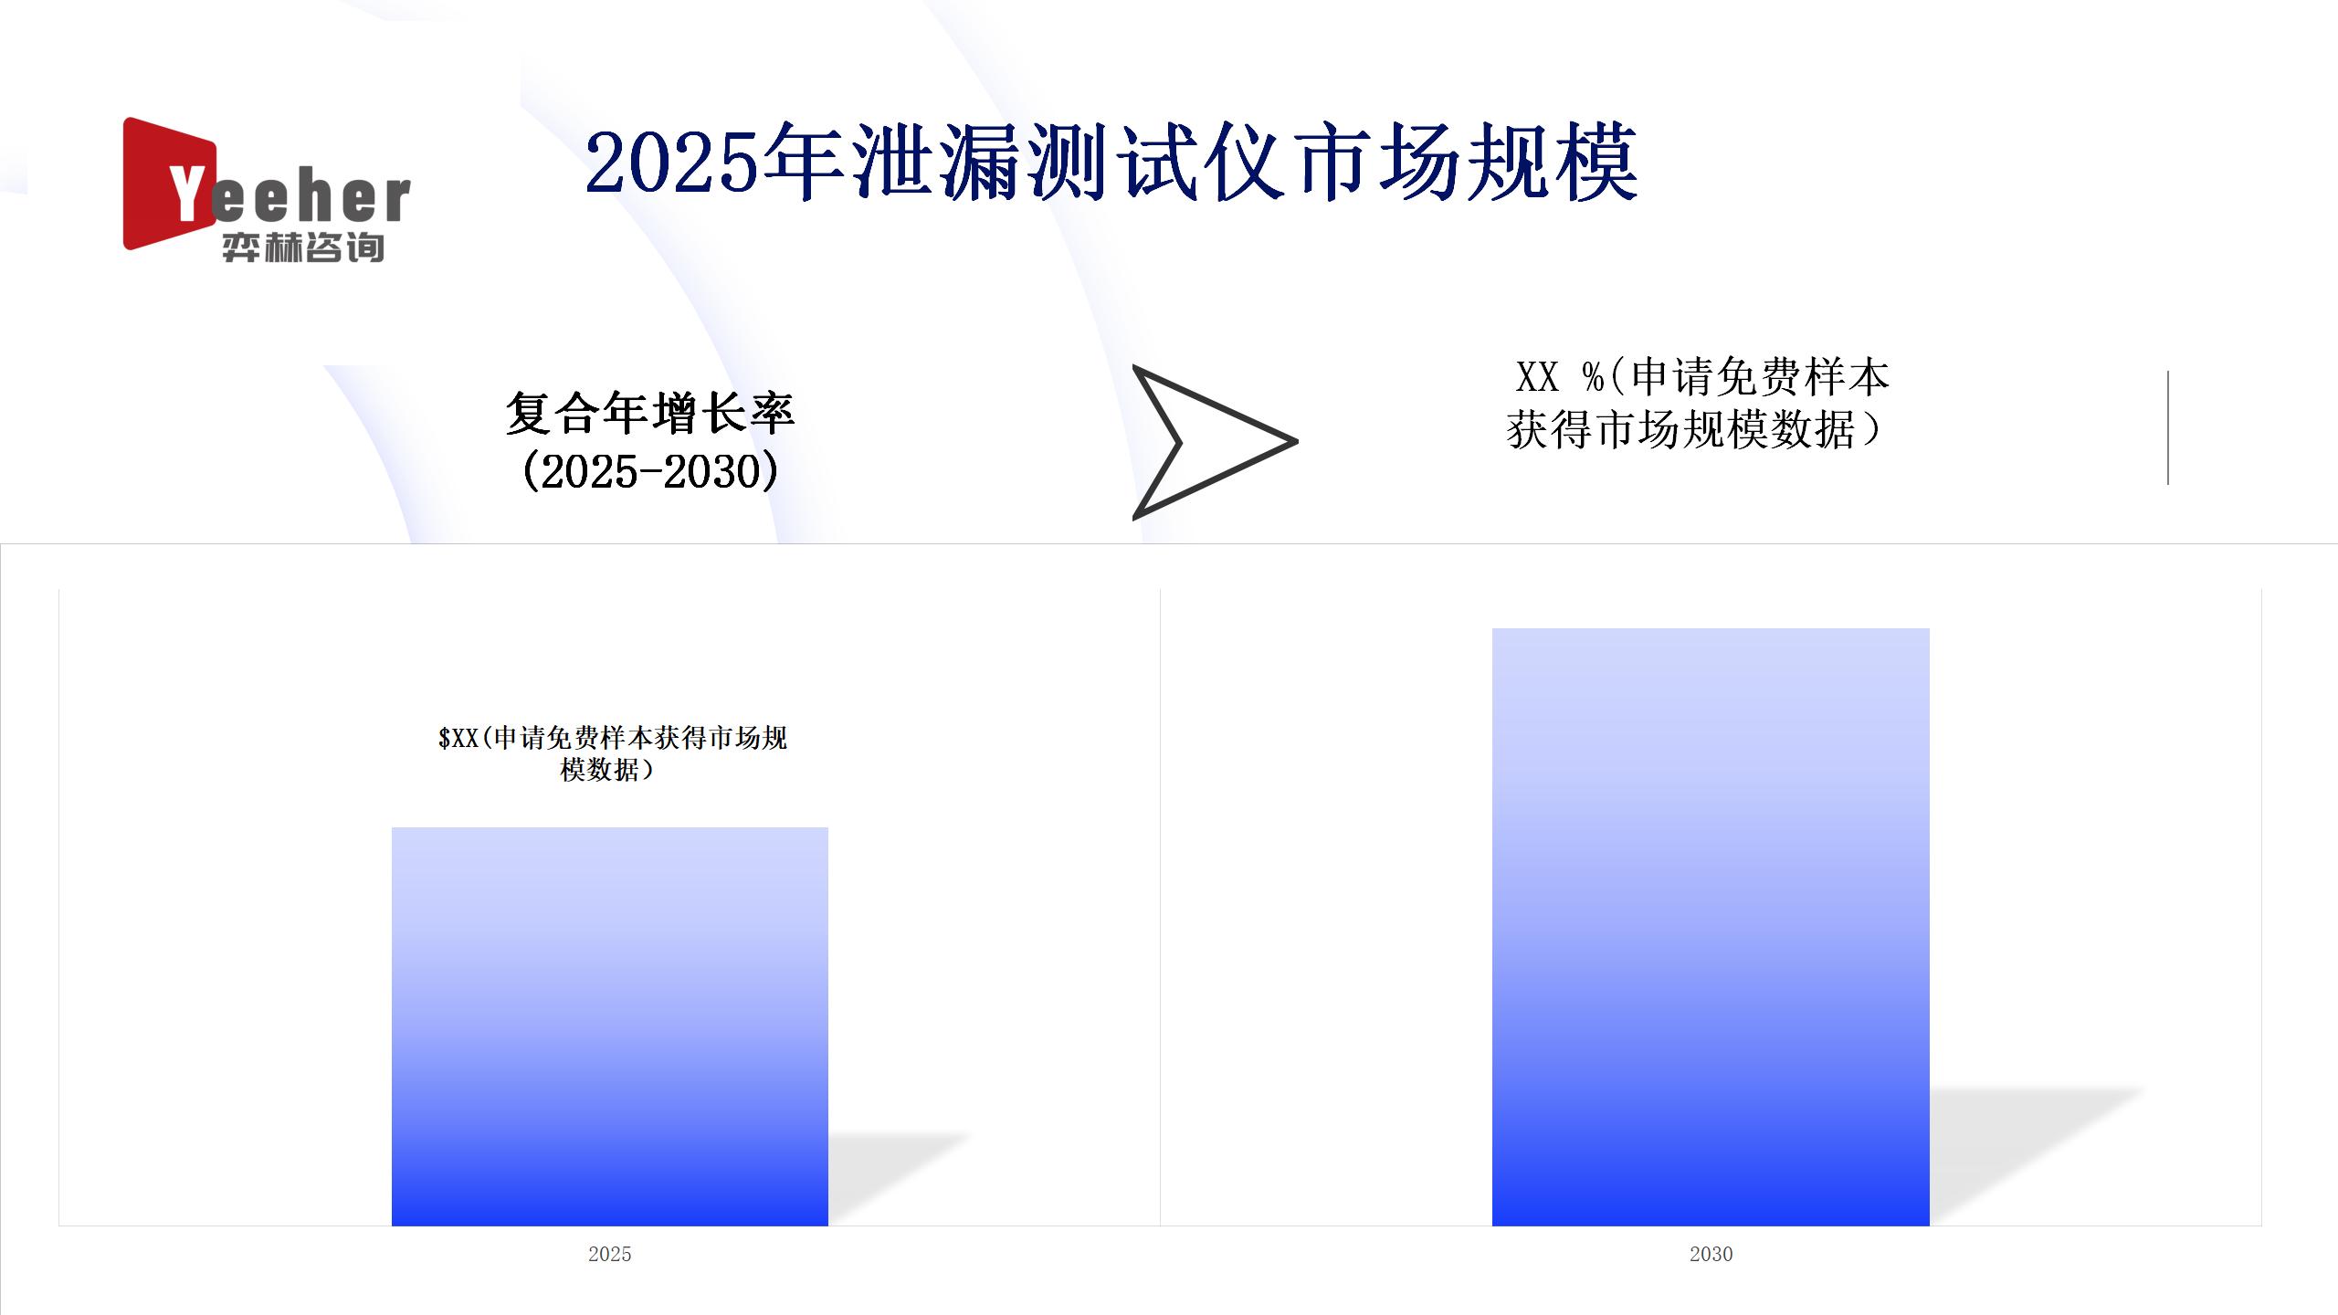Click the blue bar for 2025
point(610,1026)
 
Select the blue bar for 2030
point(1711,927)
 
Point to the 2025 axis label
point(610,1254)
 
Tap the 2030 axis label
point(1711,1254)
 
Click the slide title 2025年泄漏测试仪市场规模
point(1111,164)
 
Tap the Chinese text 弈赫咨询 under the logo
point(302,247)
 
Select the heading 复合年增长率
point(650,413)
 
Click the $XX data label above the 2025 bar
point(612,753)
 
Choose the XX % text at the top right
point(1560,376)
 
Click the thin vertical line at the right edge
point(2168,427)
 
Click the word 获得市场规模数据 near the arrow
point(1680,430)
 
